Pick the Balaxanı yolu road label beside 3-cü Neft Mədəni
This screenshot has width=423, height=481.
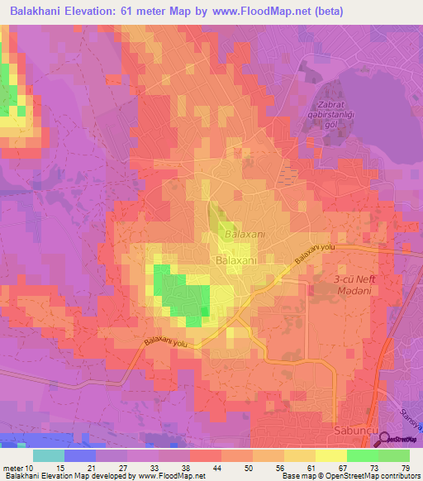(317, 255)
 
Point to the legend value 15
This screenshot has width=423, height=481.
(48, 469)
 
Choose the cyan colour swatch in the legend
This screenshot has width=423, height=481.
(49, 456)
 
